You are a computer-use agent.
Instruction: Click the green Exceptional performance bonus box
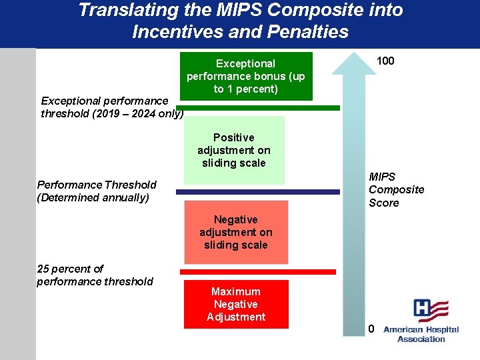point(246,76)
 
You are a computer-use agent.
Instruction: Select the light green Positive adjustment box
point(234,150)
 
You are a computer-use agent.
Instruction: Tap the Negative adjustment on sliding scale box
point(236,232)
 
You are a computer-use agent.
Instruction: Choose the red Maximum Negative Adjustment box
point(236,304)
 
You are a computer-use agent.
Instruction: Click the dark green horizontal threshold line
point(258,107)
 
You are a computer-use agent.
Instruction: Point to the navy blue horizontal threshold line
point(258,192)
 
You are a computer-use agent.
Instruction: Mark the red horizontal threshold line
point(258,271)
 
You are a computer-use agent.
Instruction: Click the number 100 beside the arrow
point(385,61)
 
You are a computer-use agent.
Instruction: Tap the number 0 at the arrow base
point(371,329)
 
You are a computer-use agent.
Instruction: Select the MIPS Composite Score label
point(396,190)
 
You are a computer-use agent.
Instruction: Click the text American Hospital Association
point(421,334)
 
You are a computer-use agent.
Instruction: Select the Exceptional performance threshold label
point(111,107)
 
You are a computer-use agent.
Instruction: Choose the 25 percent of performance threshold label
point(95,275)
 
